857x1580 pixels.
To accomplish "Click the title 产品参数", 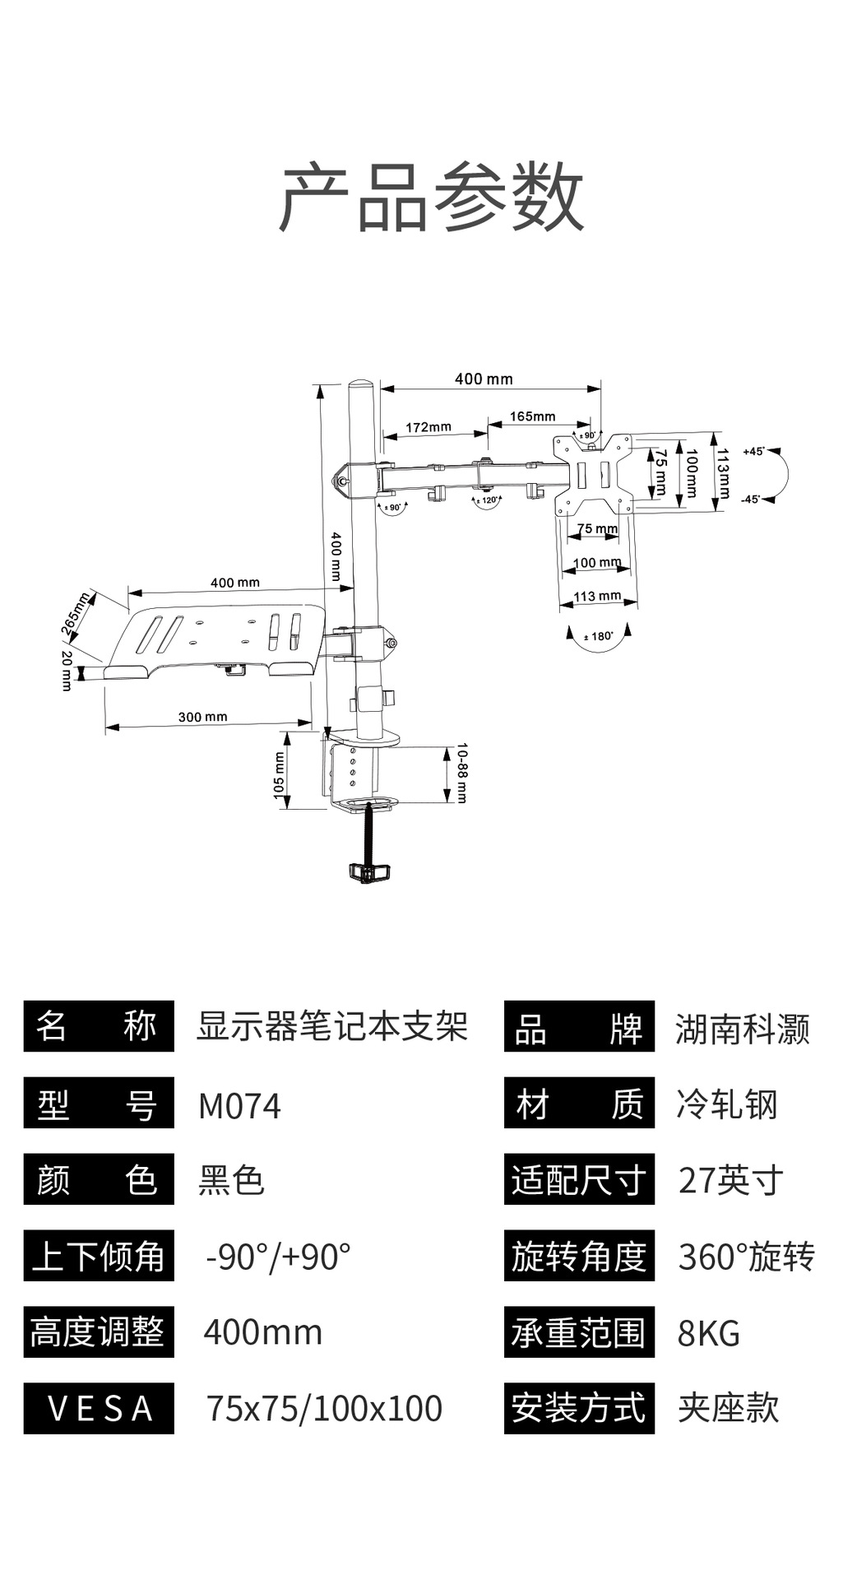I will pyautogui.click(x=431, y=197).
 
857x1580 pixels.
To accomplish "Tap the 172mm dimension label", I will pyautogui.click(x=428, y=427).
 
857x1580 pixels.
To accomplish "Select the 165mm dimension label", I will pyautogui.click(x=532, y=416).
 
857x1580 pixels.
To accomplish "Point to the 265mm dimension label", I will pyautogui.click(x=76, y=613).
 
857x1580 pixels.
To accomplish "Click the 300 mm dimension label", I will pyautogui.click(x=202, y=717).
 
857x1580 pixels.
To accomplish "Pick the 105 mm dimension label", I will pyautogui.click(x=279, y=774).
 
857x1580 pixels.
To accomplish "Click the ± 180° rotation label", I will pyautogui.click(x=598, y=636).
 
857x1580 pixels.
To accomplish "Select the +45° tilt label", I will pyautogui.click(x=753, y=452).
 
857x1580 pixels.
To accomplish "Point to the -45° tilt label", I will pyautogui.click(x=750, y=500).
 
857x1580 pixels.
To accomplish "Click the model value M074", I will pyautogui.click(x=239, y=1106).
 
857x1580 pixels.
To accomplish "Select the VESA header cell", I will pyautogui.click(x=99, y=1408).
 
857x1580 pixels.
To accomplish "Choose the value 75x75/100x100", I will pyautogui.click(x=324, y=1408).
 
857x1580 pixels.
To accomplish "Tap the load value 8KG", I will pyautogui.click(x=708, y=1333).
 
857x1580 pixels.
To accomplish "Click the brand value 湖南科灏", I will pyautogui.click(x=742, y=1029).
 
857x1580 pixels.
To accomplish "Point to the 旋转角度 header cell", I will pyautogui.click(x=579, y=1257).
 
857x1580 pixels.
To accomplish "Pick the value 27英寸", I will pyautogui.click(x=730, y=1181).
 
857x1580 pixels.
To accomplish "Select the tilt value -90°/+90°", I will pyautogui.click(x=278, y=1257).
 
